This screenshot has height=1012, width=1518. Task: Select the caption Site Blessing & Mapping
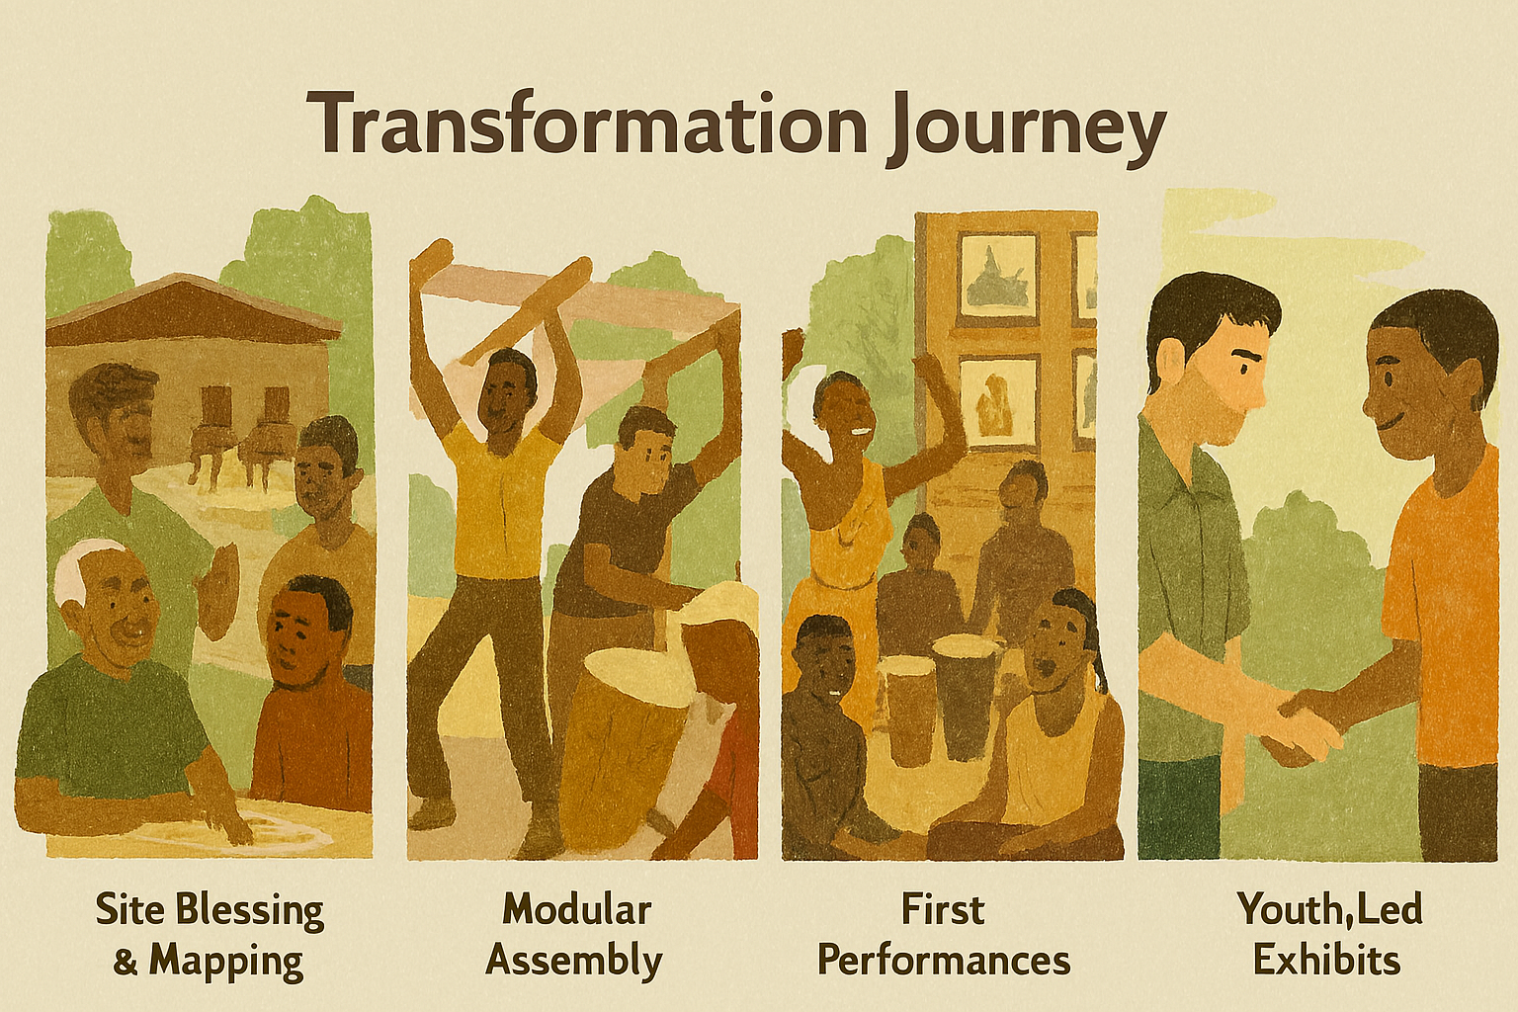(210, 935)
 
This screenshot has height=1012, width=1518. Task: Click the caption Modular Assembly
(575, 935)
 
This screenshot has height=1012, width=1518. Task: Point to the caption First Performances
(944, 935)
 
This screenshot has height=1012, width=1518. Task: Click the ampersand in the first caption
(126, 962)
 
